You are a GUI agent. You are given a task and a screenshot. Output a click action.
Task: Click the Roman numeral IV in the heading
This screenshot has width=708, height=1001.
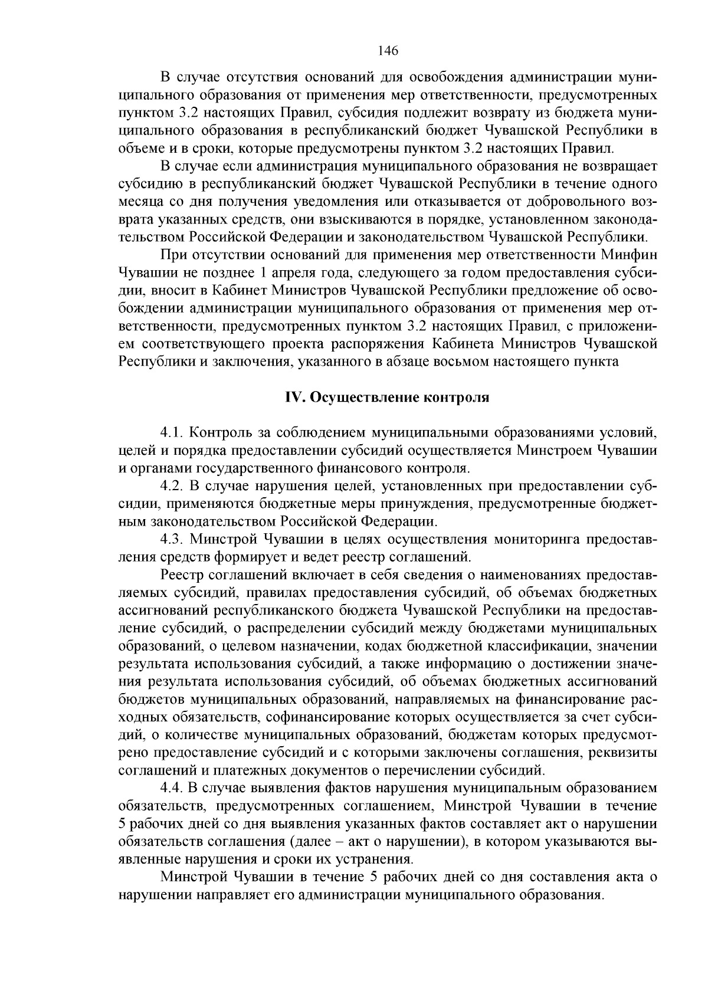pyautogui.click(x=293, y=398)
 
